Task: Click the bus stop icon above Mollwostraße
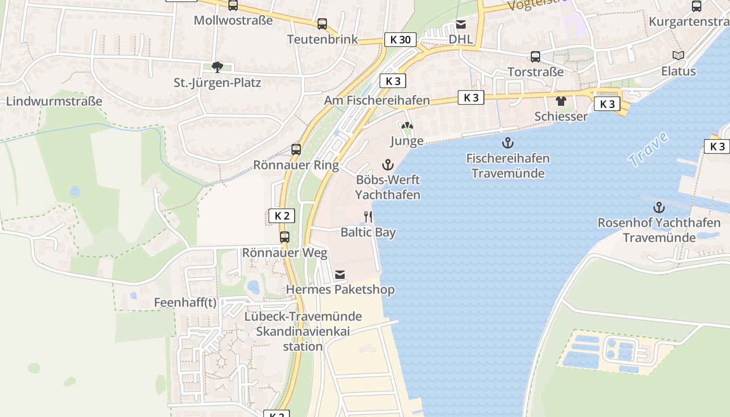click(233, 5)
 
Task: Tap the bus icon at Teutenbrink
click(322, 23)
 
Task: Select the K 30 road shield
click(400, 40)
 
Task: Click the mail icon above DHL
click(461, 24)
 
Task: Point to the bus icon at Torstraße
click(536, 57)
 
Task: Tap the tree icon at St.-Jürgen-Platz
click(217, 67)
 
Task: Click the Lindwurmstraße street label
click(54, 101)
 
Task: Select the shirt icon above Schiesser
click(561, 101)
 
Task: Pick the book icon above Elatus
click(678, 55)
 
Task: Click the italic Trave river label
click(648, 150)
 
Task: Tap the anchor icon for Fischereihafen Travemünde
click(507, 142)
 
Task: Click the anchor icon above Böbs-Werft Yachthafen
click(387, 165)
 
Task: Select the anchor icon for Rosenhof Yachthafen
click(659, 207)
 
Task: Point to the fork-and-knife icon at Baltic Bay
click(368, 217)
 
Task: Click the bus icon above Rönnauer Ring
click(296, 150)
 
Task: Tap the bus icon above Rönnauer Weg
click(285, 237)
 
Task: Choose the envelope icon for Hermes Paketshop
click(340, 274)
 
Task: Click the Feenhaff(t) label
click(185, 303)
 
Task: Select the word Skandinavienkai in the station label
click(303, 332)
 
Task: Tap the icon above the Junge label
click(407, 126)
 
